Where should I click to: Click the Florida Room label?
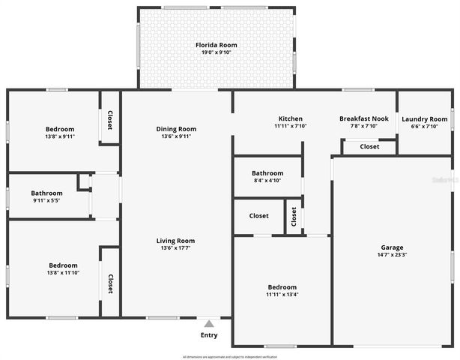(x=216, y=45)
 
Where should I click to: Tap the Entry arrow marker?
(x=209, y=323)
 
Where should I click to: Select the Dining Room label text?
(x=176, y=129)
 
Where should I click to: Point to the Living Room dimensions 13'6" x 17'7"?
(x=176, y=248)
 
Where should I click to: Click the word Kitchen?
(x=291, y=118)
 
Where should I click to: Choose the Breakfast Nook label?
(x=363, y=118)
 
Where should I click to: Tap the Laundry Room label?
(x=424, y=119)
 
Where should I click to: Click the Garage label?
(x=392, y=247)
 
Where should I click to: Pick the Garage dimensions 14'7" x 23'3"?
(x=392, y=255)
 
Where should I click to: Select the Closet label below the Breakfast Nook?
(x=369, y=147)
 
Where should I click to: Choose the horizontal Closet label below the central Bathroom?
(x=258, y=216)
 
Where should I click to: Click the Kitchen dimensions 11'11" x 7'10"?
(x=291, y=126)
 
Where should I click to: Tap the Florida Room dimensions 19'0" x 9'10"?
(x=216, y=53)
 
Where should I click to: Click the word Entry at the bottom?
(x=209, y=335)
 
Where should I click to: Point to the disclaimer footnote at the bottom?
(x=229, y=357)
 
